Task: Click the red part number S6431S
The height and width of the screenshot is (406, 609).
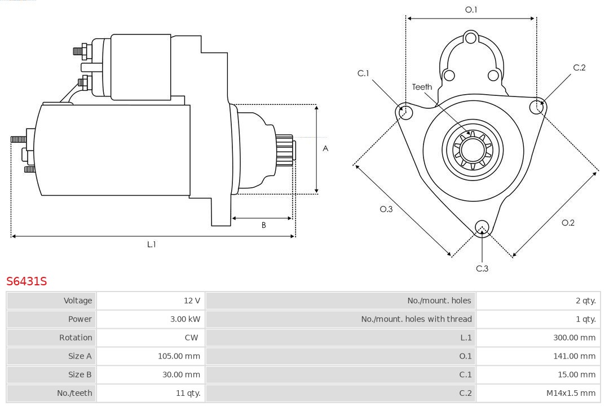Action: (x=27, y=281)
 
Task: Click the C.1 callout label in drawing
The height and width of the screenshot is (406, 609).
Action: (x=363, y=73)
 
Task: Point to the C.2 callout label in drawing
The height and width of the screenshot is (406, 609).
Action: (x=579, y=68)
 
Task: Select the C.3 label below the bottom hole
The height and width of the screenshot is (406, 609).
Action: (x=482, y=268)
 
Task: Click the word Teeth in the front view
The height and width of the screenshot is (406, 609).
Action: (x=422, y=87)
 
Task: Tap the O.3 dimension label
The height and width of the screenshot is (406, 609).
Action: (x=386, y=209)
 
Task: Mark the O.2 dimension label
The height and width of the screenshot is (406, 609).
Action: (x=568, y=223)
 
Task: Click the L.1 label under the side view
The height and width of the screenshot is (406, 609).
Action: (x=151, y=244)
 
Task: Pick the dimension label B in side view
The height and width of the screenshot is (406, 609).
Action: (x=263, y=225)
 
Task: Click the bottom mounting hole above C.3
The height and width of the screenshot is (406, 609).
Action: (x=482, y=227)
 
